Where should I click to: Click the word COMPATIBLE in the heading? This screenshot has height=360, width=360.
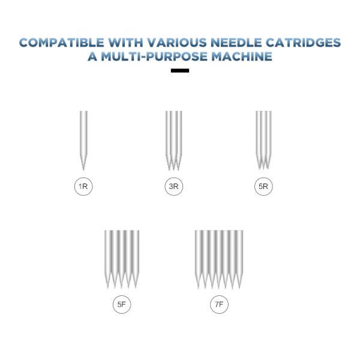click(x=62, y=43)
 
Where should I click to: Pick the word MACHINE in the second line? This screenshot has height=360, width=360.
click(x=247, y=57)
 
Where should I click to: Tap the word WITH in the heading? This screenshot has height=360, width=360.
click(x=124, y=43)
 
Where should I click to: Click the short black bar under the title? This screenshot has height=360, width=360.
click(x=180, y=71)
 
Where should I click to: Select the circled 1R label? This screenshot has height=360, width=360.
click(x=83, y=187)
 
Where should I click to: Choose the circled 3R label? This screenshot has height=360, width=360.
click(x=173, y=187)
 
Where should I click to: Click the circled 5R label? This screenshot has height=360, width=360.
click(x=263, y=187)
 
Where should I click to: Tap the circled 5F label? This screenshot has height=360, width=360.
click(x=122, y=305)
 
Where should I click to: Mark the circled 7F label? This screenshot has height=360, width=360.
click(x=220, y=305)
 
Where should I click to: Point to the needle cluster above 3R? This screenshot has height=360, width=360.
click(x=173, y=138)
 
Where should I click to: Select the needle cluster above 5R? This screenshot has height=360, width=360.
click(x=263, y=138)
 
